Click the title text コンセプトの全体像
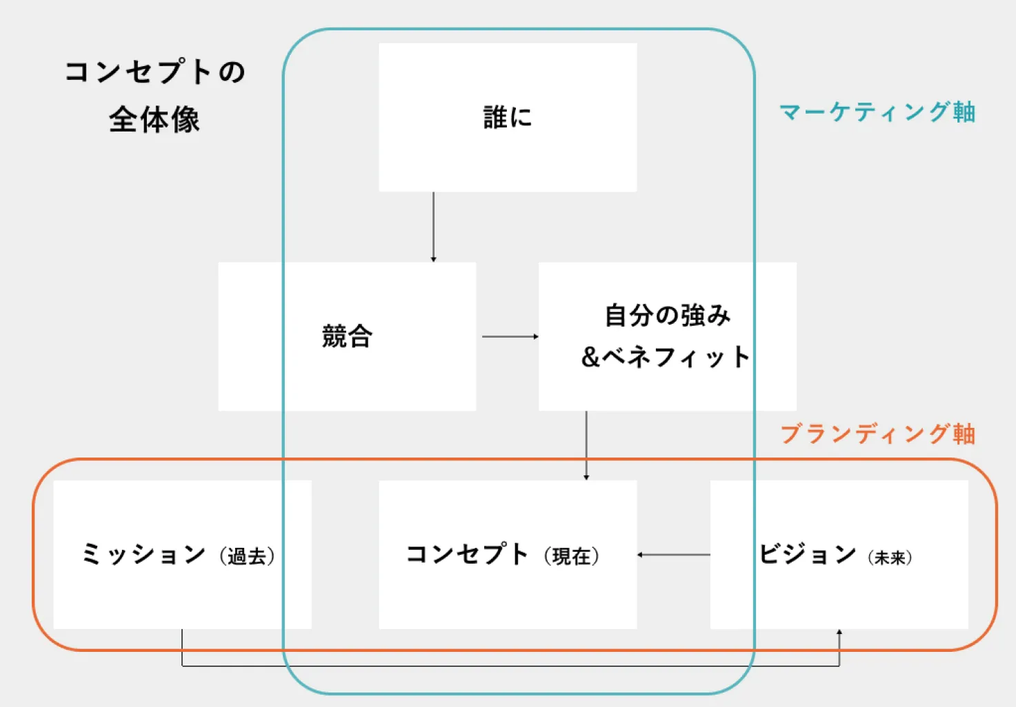155,95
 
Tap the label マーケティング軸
877,112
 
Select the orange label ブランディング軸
877,433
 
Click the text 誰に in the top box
508,117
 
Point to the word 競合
347,336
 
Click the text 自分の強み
667,315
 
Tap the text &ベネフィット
666,357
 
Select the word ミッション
143,554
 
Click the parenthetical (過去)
247,556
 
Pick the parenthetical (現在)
571,556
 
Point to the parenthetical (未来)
890,557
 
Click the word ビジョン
808,554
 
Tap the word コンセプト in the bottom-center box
467,554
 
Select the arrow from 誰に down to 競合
433,227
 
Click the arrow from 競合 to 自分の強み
510,336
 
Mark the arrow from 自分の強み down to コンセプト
586,445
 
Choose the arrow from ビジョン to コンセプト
673,555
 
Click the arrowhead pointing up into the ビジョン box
839,633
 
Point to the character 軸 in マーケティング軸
964,112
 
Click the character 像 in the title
186,120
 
